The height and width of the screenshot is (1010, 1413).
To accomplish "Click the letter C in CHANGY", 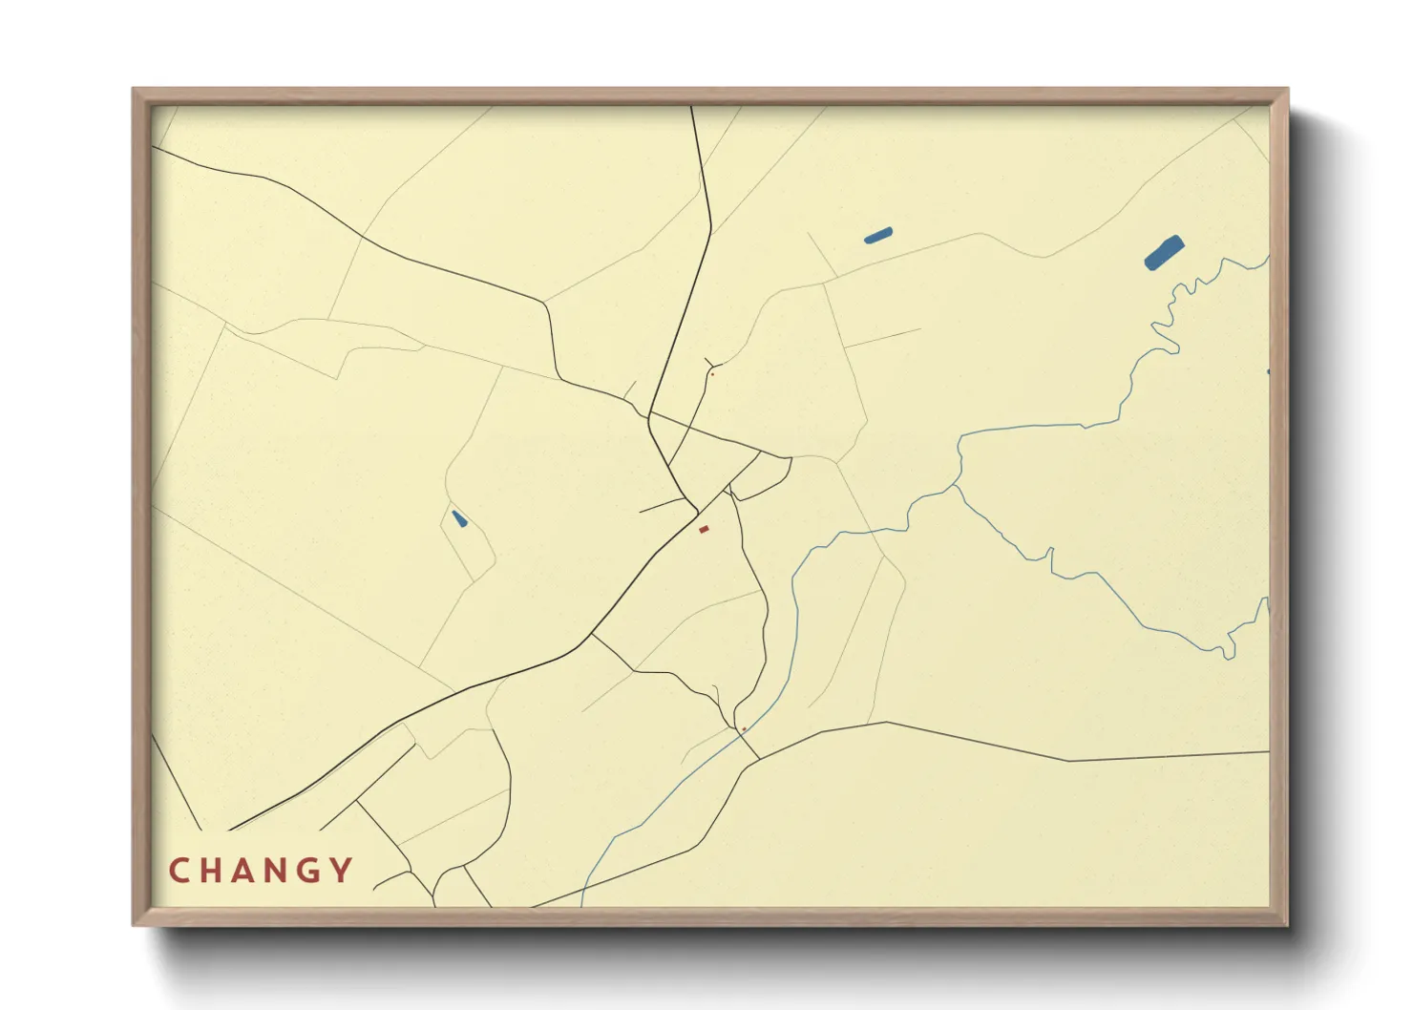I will [179, 871].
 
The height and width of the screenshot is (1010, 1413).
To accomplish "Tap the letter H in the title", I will [213, 871].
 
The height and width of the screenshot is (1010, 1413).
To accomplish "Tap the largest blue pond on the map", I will [1164, 253].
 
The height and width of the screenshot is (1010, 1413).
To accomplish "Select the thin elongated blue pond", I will [877, 235].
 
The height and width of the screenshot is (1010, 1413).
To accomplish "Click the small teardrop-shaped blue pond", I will [459, 519].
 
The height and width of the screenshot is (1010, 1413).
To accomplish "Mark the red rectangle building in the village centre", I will [704, 529].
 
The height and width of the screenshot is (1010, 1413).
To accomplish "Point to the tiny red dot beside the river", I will [744, 729].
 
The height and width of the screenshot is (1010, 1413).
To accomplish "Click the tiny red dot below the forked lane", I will [712, 374].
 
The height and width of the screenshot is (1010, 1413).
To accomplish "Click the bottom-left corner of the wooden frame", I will [135, 923].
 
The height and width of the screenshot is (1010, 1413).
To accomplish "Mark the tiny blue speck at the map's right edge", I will [1268, 371].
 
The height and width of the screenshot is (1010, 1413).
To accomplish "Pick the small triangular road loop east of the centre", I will [759, 474].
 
